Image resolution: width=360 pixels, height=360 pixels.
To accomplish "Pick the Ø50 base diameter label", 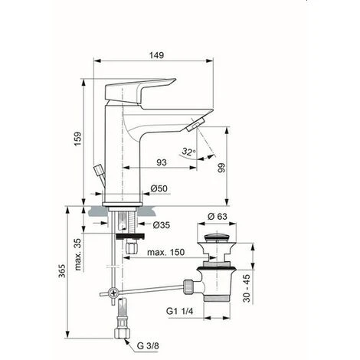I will pyautogui.click(x=159, y=188).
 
